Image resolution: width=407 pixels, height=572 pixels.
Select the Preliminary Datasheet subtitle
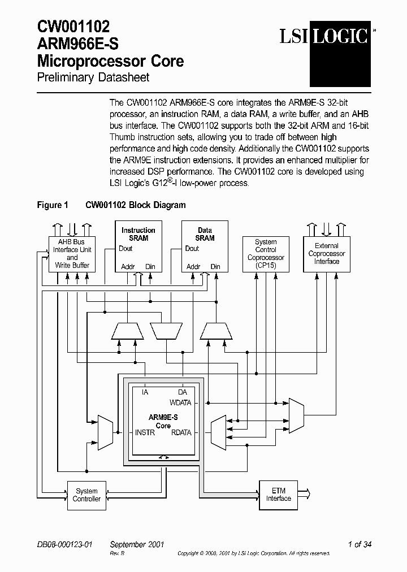(x=93, y=77)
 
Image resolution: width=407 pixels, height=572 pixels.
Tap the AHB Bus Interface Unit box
(x=72, y=254)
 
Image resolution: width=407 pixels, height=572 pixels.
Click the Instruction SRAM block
(x=138, y=247)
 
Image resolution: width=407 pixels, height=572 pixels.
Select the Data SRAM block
(x=205, y=247)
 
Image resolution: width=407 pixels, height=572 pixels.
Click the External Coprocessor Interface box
(x=327, y=254)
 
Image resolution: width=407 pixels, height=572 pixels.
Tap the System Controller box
(x=86, y=495)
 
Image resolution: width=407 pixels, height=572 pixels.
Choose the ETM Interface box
(x=279, y=495)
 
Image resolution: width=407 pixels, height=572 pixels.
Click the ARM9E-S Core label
(x=163, y=421)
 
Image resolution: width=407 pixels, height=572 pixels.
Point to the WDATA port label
(x=181, y=403)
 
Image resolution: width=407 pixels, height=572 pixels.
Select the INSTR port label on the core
(x=145, y=432)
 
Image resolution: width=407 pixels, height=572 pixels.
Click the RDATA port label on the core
(x=181, y=432)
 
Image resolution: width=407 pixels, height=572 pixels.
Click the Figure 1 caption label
(x=52, y=205)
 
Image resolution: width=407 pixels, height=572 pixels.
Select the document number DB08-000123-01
(x=64, y=544)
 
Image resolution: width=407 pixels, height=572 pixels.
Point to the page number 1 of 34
(x=360, y=544)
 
